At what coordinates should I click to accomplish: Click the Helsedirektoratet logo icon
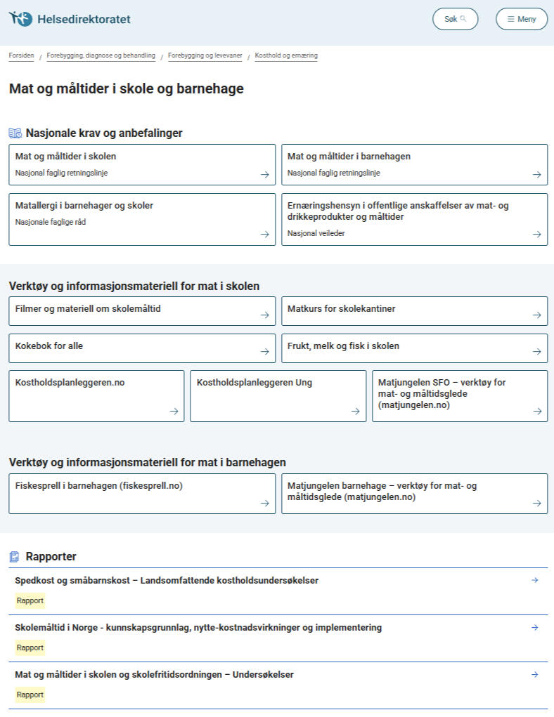click(x=20, y=19)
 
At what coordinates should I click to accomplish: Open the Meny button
click(x=521, y=19)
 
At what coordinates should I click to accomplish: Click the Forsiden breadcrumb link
click(x=21, y=55)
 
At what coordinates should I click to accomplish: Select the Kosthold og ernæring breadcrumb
click(x=286, y=55)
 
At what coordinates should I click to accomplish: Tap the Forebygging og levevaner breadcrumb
click(x=205, y=55)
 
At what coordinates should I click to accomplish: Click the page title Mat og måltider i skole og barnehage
click(x=127, y=89)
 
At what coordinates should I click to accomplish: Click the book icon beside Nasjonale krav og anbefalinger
click(x=15, y=133)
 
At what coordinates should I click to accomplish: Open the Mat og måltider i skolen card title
click(x=66, y=157)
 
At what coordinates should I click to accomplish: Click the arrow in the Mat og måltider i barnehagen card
click(x=536, y=174)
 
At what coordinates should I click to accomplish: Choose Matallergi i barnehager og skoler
click(x=84, y=206)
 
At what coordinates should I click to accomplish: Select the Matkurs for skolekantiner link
click(x=342, y=309)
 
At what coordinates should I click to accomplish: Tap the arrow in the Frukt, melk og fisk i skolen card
click(x=536, y=352)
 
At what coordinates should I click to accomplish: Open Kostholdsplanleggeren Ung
click(x=255, y=383)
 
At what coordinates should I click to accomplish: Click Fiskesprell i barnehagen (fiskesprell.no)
click(x=99, y=486)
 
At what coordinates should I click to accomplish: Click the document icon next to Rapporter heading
click(x=14, y=557)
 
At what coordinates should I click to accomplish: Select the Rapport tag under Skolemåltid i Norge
click(x=30, y=647)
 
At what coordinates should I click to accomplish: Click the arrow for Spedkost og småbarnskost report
click(x=534, y=580)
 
